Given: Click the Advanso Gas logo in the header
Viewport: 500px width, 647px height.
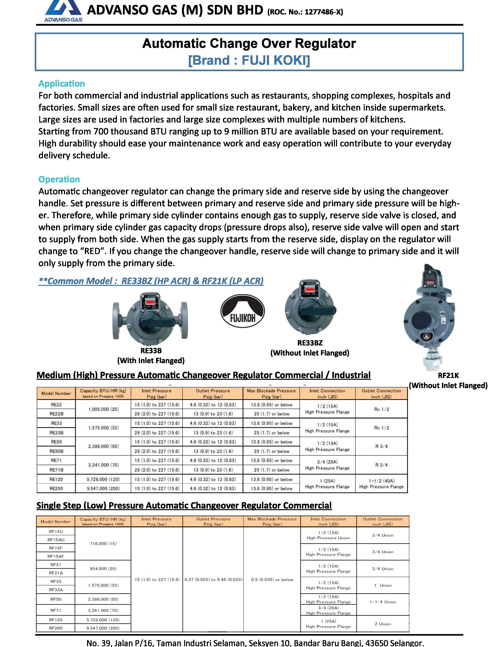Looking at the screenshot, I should click(x=63, y=11).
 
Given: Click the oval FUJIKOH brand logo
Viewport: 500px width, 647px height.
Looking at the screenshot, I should click(x=243, y=311).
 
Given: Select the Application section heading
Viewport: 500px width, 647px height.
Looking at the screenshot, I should click(x=62, y=84).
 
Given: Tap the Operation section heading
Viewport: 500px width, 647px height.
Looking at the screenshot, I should click(x=59, y=179).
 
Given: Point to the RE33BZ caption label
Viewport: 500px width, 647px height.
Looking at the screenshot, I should click(x=310, y=343).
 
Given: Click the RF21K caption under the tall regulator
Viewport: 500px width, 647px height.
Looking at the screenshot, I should click(x=448, y=375).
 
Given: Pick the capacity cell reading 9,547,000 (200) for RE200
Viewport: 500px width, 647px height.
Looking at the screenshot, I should click(x=103, y=488).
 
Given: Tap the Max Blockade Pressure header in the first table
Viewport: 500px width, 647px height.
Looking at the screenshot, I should click(x=271, y=393).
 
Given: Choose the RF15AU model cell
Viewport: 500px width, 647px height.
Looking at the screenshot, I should click(x=56, y=540).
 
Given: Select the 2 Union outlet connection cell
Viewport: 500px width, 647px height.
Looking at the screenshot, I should click(x=383, y=624).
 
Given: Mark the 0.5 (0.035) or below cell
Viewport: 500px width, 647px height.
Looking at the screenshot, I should click(x=272, y=579).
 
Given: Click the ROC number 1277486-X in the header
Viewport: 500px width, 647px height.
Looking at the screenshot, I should click(x=305, y=12).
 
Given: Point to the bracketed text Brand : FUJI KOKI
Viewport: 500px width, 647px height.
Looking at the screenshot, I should click(x=249, y=60).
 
